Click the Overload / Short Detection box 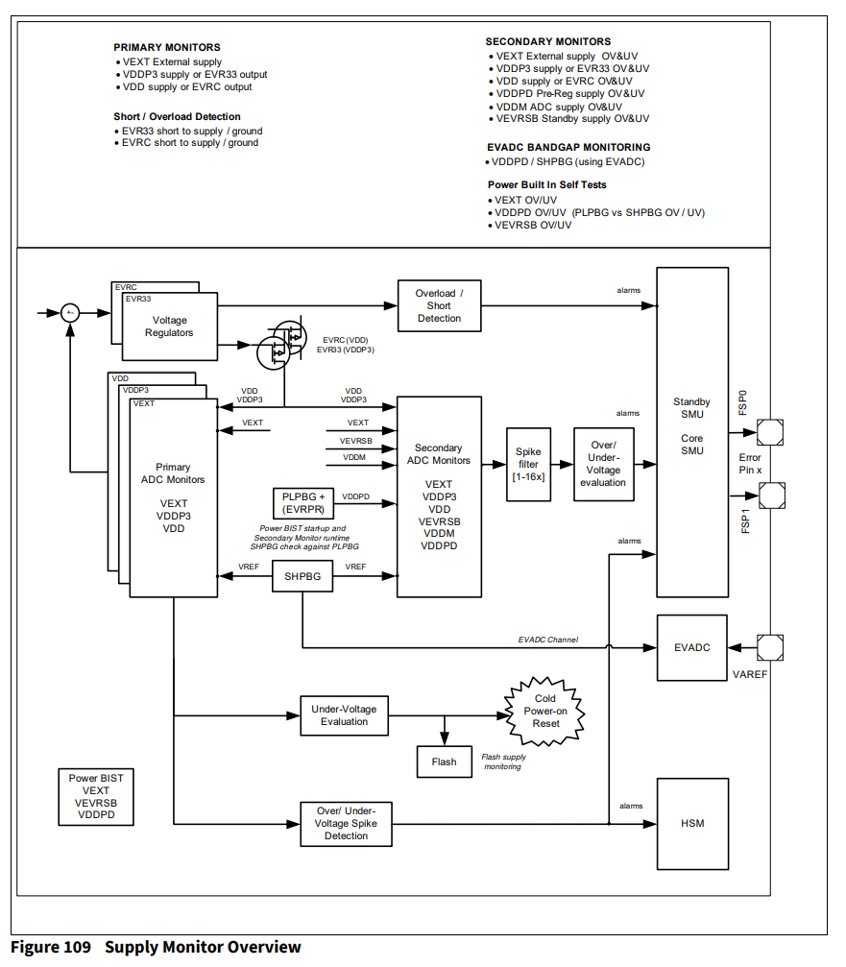439,305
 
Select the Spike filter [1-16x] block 528,465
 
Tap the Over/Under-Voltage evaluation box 603,465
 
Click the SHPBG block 302,577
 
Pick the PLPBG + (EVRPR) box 302,503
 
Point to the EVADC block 691,647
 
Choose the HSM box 691,823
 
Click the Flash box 444,762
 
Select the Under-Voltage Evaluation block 344,715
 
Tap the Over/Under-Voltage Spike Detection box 346,824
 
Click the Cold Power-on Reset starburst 545,711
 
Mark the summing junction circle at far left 70,313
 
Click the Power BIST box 96,796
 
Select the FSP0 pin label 742,401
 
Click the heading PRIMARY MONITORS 166,47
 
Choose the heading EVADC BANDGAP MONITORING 568,147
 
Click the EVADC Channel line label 547,640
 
